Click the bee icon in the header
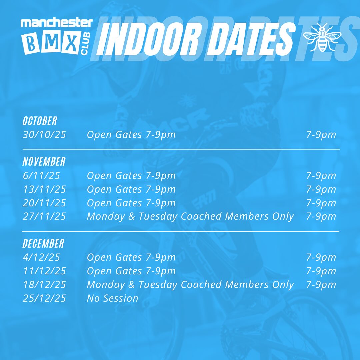(x=322, y=37)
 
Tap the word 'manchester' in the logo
(x=56, y=23)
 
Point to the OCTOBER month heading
(x=40, y=121)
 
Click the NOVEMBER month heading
(x=44, y=162)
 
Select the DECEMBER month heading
(x=43, y=243)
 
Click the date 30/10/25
(x=44, y=135)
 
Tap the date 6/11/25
(x=41, y=176)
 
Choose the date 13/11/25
(x=44, y=189)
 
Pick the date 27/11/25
(x=44, y=216)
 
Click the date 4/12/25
(x=41, y=257)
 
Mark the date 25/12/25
(x=44, y=298)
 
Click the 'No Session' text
(x=112, y=298)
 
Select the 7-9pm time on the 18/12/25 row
(x=321, y=285)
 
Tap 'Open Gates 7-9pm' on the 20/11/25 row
(x=131, y=203)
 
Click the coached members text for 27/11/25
(x=190, y=216)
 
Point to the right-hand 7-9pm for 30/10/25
(x=321, y=135)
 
